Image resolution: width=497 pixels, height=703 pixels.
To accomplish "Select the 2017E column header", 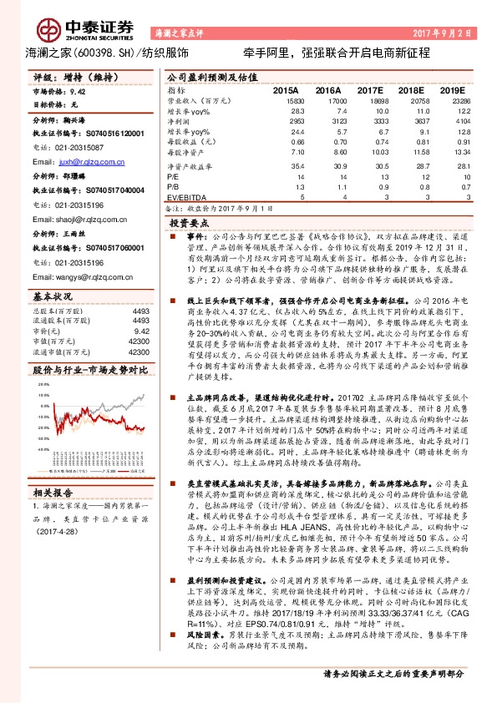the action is pos(367,89).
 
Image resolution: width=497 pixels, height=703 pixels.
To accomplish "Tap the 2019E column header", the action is pos(452,89).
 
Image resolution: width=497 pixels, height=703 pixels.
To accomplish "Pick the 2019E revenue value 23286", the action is pos(454,99).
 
